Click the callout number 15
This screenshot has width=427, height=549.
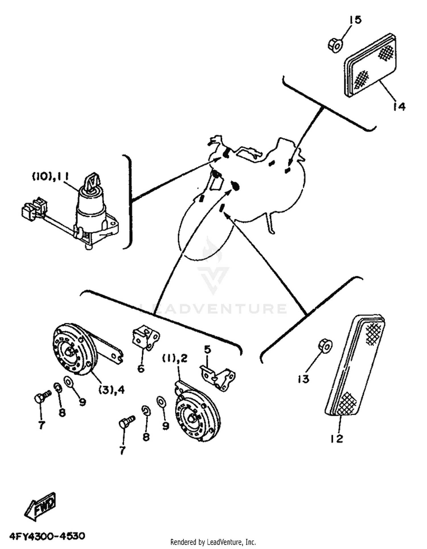pos(355,20)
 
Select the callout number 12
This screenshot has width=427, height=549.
pos(337,439)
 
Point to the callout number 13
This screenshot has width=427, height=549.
pos(303,379)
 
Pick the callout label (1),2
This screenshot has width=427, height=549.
pos(175,359)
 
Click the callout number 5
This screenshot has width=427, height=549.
pos(208,350)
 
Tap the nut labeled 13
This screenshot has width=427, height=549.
pos(325,346)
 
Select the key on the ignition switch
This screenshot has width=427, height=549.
pos(93,181)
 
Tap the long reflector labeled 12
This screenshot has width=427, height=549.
pos(355,365)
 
